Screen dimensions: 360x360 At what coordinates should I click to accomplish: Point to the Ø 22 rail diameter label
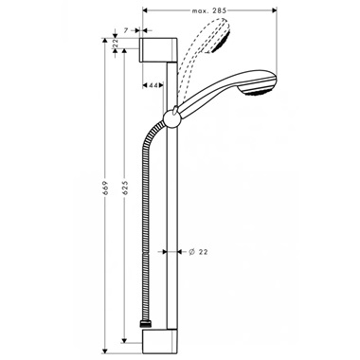coord(200,251)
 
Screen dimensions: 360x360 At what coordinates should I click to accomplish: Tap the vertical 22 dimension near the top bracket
coord(116,42)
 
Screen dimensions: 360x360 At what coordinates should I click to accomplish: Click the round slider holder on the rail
coord(171,118)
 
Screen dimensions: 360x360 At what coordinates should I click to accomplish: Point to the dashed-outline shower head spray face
coord(225,39)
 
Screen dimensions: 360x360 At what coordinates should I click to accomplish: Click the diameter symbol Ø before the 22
coord(190,251)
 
